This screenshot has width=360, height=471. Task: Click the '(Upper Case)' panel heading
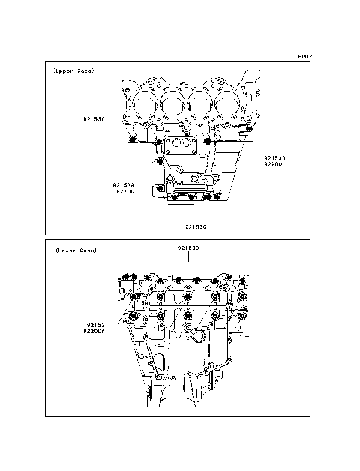(x=73, y=71)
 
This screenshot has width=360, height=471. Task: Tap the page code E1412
(x=304, y=56)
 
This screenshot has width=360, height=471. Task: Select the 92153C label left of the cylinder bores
(x=94, y=118)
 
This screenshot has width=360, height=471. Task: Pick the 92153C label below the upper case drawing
(x=196, y=225)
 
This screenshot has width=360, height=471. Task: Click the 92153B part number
(x=274, y=158)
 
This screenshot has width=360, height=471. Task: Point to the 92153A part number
(x=124, y=184)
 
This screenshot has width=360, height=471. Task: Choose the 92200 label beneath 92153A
(x=124, y=191)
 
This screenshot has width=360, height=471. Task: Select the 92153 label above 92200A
(x=94, y=324)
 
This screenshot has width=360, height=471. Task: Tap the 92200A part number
(x=95, y=331)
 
